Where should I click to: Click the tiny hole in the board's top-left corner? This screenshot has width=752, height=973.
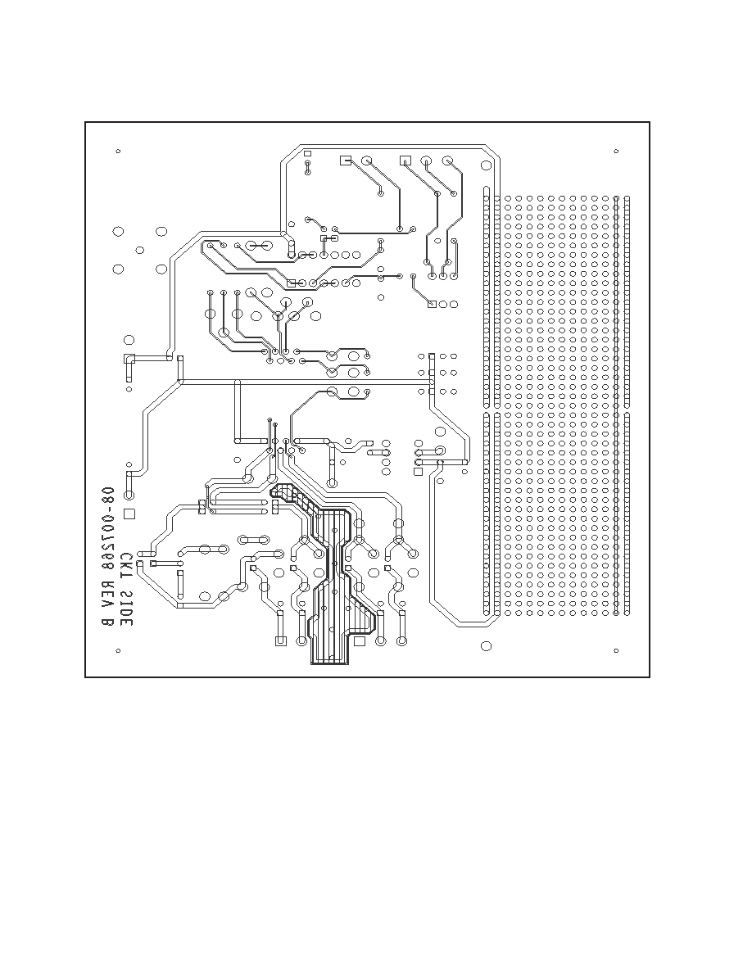118,151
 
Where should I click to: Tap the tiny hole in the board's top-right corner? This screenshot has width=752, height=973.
616,151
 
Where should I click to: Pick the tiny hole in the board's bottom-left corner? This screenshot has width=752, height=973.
118,650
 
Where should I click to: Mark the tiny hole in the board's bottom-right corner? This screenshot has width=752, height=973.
616,650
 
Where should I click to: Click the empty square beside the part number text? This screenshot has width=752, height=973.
129,514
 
